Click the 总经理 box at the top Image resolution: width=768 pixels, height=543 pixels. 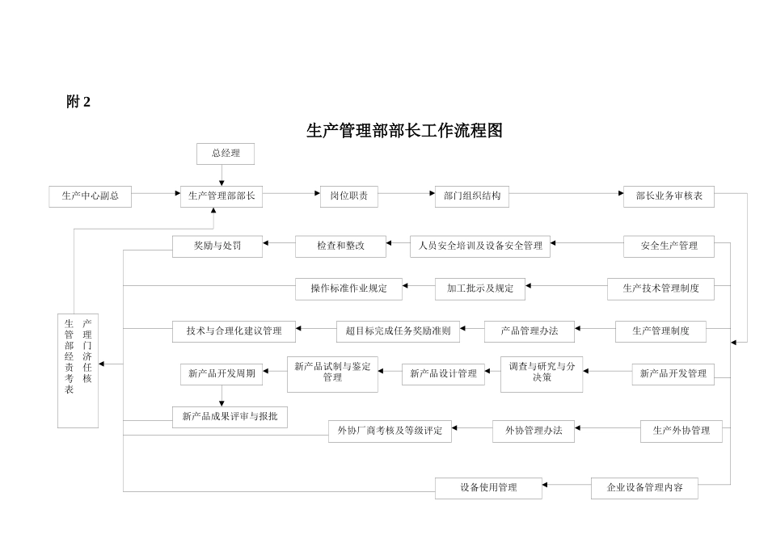(x=225, y=154)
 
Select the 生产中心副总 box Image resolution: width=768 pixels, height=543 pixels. (x=91, y=196)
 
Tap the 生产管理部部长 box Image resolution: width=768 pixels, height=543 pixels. (x=221, y=196)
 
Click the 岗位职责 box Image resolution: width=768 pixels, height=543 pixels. (x=348, y=196)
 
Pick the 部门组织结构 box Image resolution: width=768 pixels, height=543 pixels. (x=471, y=196)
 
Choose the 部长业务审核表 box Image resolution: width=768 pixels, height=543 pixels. (x=669, y=196)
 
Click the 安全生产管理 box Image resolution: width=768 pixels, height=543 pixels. (x=669, y=246)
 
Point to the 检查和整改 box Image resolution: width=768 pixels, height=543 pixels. (x=340, y=246)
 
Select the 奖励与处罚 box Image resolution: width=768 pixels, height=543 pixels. (x=217, y=246)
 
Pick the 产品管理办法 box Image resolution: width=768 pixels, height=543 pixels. (x=529, y=331)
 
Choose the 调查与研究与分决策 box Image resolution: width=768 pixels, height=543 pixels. (x=542, y=373)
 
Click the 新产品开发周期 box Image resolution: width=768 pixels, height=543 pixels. (x=222, y=374)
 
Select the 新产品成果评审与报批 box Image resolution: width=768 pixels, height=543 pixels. (x=230, y=417)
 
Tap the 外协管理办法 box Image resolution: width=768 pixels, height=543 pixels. (x=533, y=431)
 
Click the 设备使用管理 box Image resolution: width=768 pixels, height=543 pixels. (x=488, y=488)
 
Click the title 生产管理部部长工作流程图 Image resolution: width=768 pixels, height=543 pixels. (x=404, y=131)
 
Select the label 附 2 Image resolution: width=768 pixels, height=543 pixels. (x=78, y=102)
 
